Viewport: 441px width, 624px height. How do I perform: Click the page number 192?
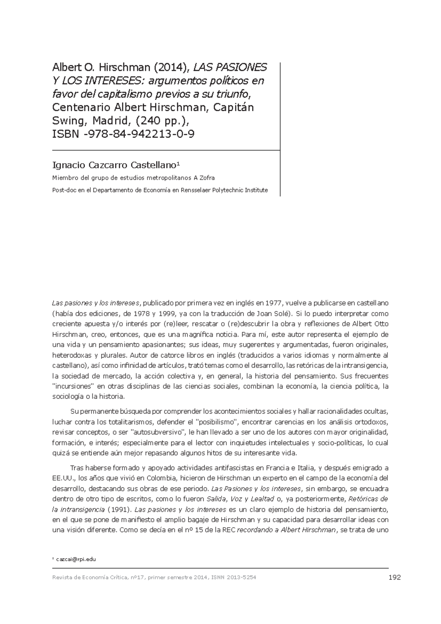tap(394, 578)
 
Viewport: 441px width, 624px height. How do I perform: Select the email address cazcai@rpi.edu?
tap(76, 559)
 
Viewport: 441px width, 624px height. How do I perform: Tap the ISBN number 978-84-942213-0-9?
tap(140, 134)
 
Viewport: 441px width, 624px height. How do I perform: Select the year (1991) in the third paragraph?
tap(118, 510)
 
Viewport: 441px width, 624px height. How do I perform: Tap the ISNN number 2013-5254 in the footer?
tap(241, 578)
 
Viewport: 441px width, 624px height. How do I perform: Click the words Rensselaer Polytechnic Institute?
tap(226, 190)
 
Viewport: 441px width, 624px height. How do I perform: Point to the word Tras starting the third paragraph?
tap(77, 468)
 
